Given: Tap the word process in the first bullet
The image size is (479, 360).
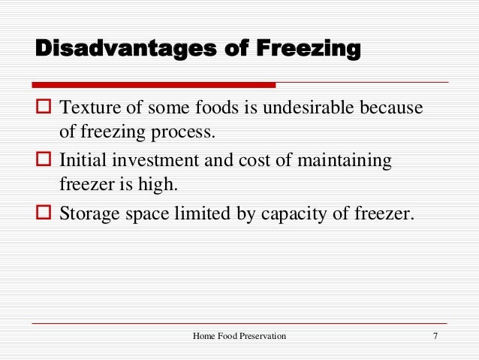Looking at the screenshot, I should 186,133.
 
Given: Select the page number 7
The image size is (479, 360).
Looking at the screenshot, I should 435,335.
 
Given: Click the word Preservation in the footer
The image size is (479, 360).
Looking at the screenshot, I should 262,335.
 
